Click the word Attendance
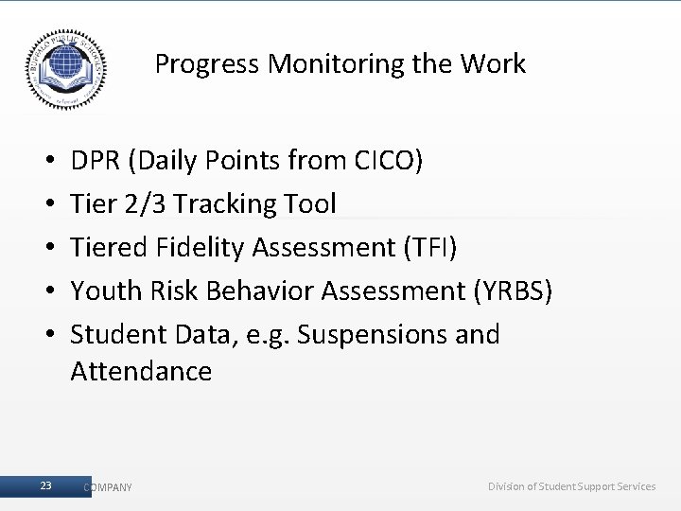coord(141,371)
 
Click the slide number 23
coord(46,485)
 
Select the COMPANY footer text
coord(108,487)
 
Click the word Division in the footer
coord(508,486)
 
